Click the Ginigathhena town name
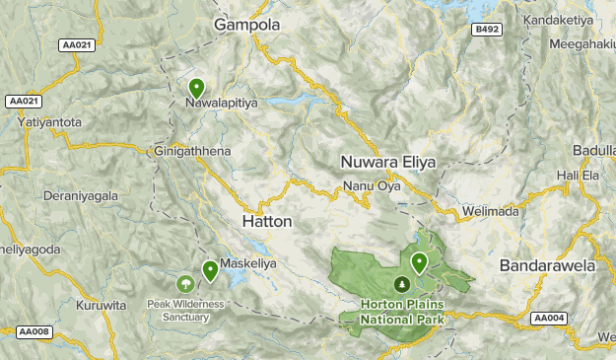pos(192,152)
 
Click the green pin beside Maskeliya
pos(210,270)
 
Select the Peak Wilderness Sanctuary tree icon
pos(184,284)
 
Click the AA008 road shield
pos(35,332)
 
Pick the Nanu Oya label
pos(371,186)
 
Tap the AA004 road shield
pos(548,318)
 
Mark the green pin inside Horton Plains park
pos(420,262)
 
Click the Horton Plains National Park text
pos(401,312)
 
